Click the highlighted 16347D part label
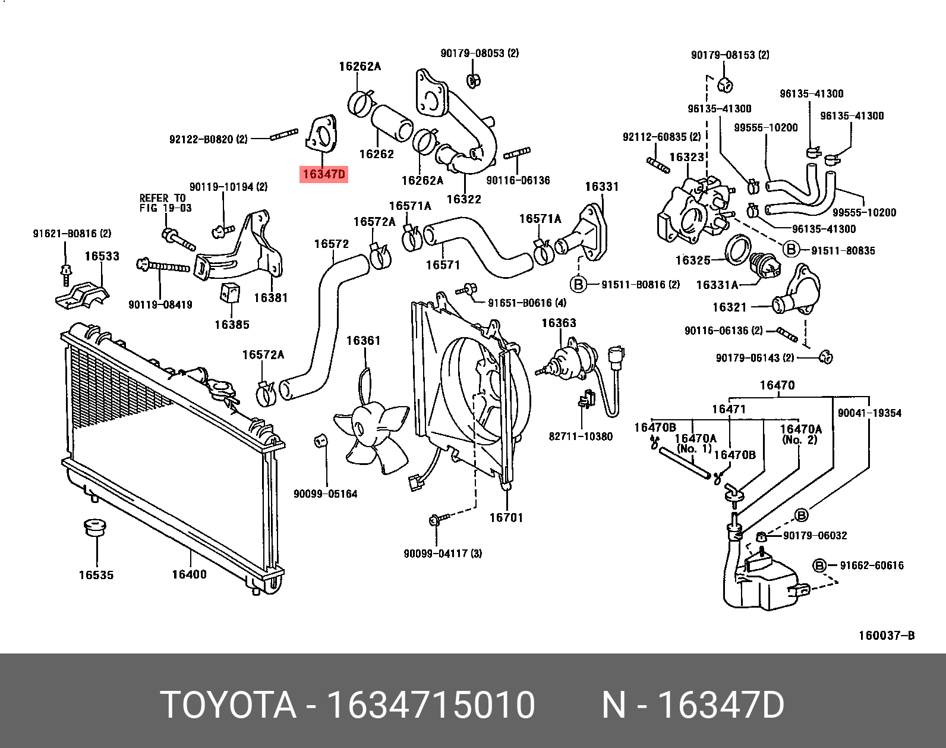(x=323, y=174)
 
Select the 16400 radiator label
(x=189, y=574)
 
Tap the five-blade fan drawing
(x=368, y=428)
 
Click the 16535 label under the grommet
(x=96, y=575)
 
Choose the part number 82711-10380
(x=580, y=436)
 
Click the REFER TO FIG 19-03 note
(x=162, y=203)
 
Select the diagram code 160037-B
(x=886, y=636)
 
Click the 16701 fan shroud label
(x=506, y=517)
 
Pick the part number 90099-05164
(x=325, y=494)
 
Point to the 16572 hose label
(x=331, y=244)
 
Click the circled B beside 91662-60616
(x=819, y=565)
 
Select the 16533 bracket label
(x=102, y=256)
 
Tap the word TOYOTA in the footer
(x=229, y=706)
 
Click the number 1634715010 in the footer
(x=431, y=706)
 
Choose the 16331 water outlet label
(x=601, y=186)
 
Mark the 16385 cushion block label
(x=232, y=325)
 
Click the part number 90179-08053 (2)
(x=479, y=53)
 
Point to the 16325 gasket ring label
(x=693, y=260)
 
